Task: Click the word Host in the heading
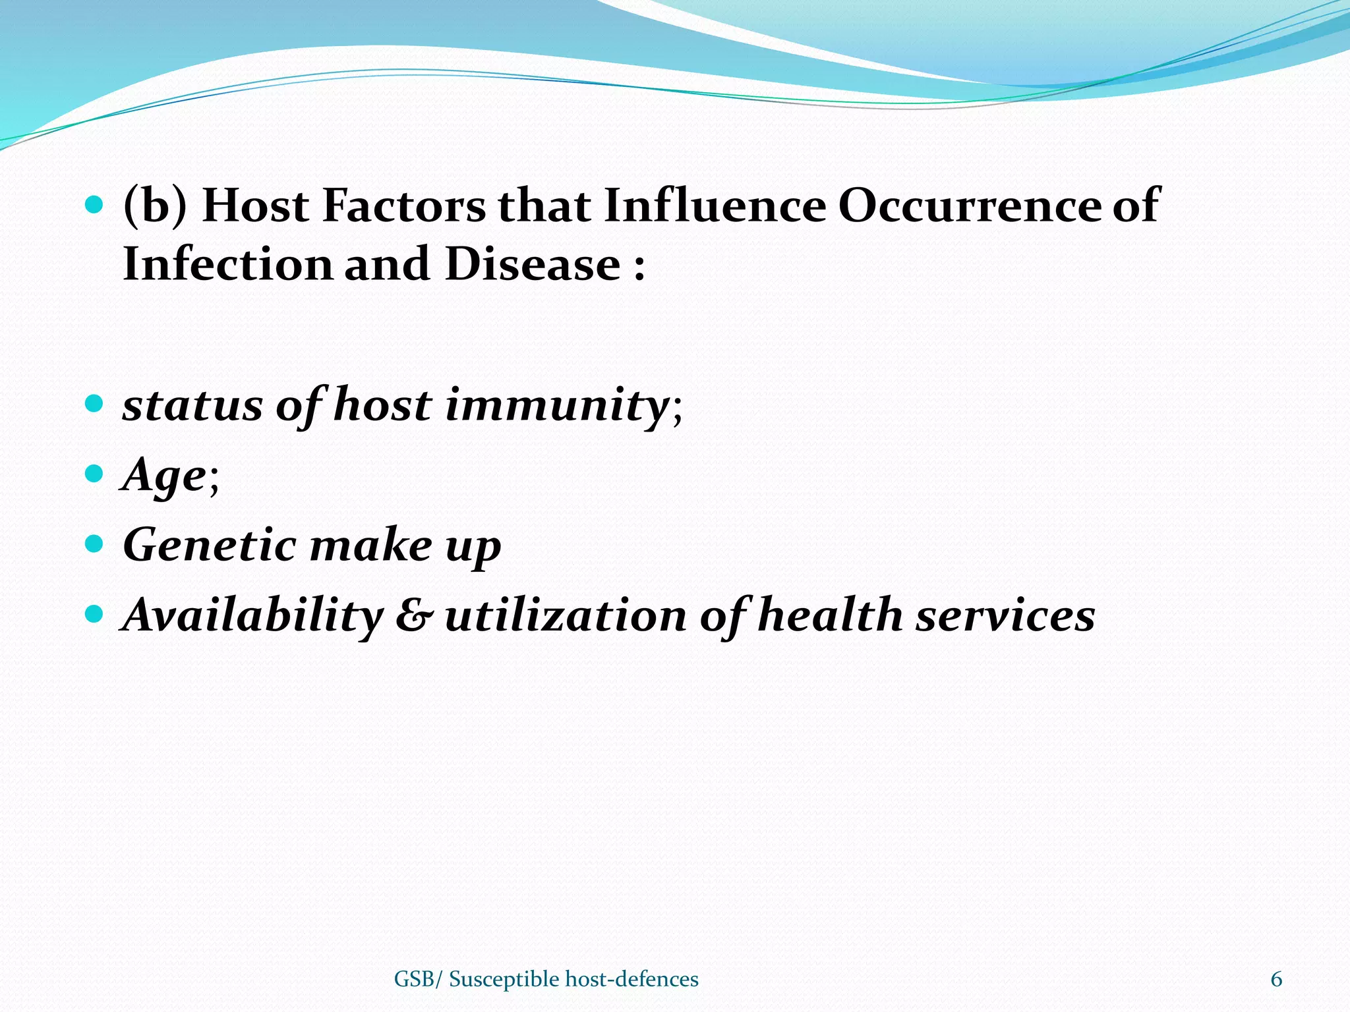[255, 206]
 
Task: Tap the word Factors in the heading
[403, 206]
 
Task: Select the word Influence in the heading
[714, 206]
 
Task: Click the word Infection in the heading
[227, 264]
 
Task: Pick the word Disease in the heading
[533, 264]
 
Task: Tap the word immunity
[558, 405]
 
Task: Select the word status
[192, 405]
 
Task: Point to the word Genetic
[210, 546]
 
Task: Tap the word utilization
[566, 615]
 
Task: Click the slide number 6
[1276, 980]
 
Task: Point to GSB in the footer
[414, 980]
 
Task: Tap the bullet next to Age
[95, 473]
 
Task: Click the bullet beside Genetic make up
[95, 544]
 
